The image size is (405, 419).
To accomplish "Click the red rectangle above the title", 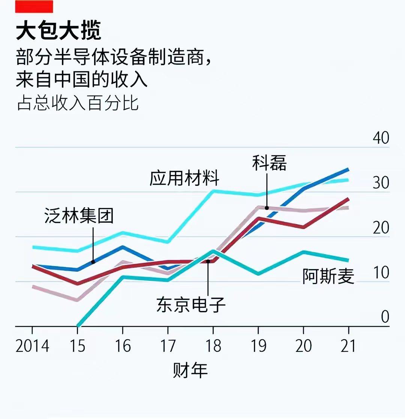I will point(34,6).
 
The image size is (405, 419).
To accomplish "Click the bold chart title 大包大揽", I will point(58,31).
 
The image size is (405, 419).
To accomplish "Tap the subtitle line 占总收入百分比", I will point(78,103).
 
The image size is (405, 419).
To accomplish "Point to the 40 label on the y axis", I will point(381,138).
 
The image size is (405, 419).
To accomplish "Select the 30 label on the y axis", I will point(381,183).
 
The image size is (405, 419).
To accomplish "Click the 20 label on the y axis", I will point(381,228).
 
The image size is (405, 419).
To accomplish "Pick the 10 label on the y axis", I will point(381,273).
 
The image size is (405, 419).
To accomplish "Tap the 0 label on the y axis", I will point(385,317).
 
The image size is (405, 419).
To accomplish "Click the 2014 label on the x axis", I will point(32,346).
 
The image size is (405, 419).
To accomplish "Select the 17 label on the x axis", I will point(168,346).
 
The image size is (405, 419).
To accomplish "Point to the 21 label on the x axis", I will point(348,346).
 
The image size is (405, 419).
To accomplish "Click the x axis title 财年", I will point(190,371).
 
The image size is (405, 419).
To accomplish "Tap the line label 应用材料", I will point(184,178).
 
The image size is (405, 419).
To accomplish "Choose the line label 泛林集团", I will point(79,216).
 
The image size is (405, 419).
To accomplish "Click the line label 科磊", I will point(269,163).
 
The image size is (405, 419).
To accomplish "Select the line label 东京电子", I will point(191,305).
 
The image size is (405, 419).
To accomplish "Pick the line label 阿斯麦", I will point(328,277).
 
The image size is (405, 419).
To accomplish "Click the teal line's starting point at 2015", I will point(78,326).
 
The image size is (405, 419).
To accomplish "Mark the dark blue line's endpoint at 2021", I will point(348,169).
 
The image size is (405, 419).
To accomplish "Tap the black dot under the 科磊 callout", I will point(267,208).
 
